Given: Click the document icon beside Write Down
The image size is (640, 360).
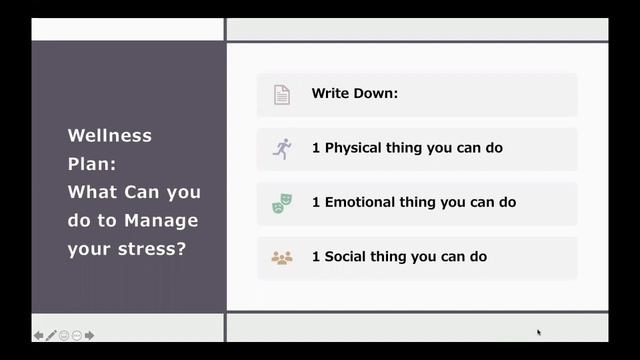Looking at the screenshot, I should pos(282,94).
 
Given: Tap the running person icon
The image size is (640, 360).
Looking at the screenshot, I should pos(282,148).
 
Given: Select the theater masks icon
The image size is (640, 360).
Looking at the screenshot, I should pos(282,203).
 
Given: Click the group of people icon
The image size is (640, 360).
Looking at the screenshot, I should pos(282,257).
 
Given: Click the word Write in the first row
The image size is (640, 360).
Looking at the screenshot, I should pos(330,94).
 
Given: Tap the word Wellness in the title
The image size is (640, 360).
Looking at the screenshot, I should pos(110,135).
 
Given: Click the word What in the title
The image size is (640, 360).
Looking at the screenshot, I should pos(91,192).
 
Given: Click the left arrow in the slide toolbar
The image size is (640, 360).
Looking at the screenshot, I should pos(38,336).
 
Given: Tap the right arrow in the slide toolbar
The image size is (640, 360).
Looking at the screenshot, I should pos(90,336).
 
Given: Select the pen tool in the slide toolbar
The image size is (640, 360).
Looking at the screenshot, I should pos(51,336).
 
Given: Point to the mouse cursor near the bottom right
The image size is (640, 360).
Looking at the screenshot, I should pos(538,332).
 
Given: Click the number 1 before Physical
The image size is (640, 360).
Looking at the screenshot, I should pos(316,148).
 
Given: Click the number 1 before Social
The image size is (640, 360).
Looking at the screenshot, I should pos(316,257).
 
